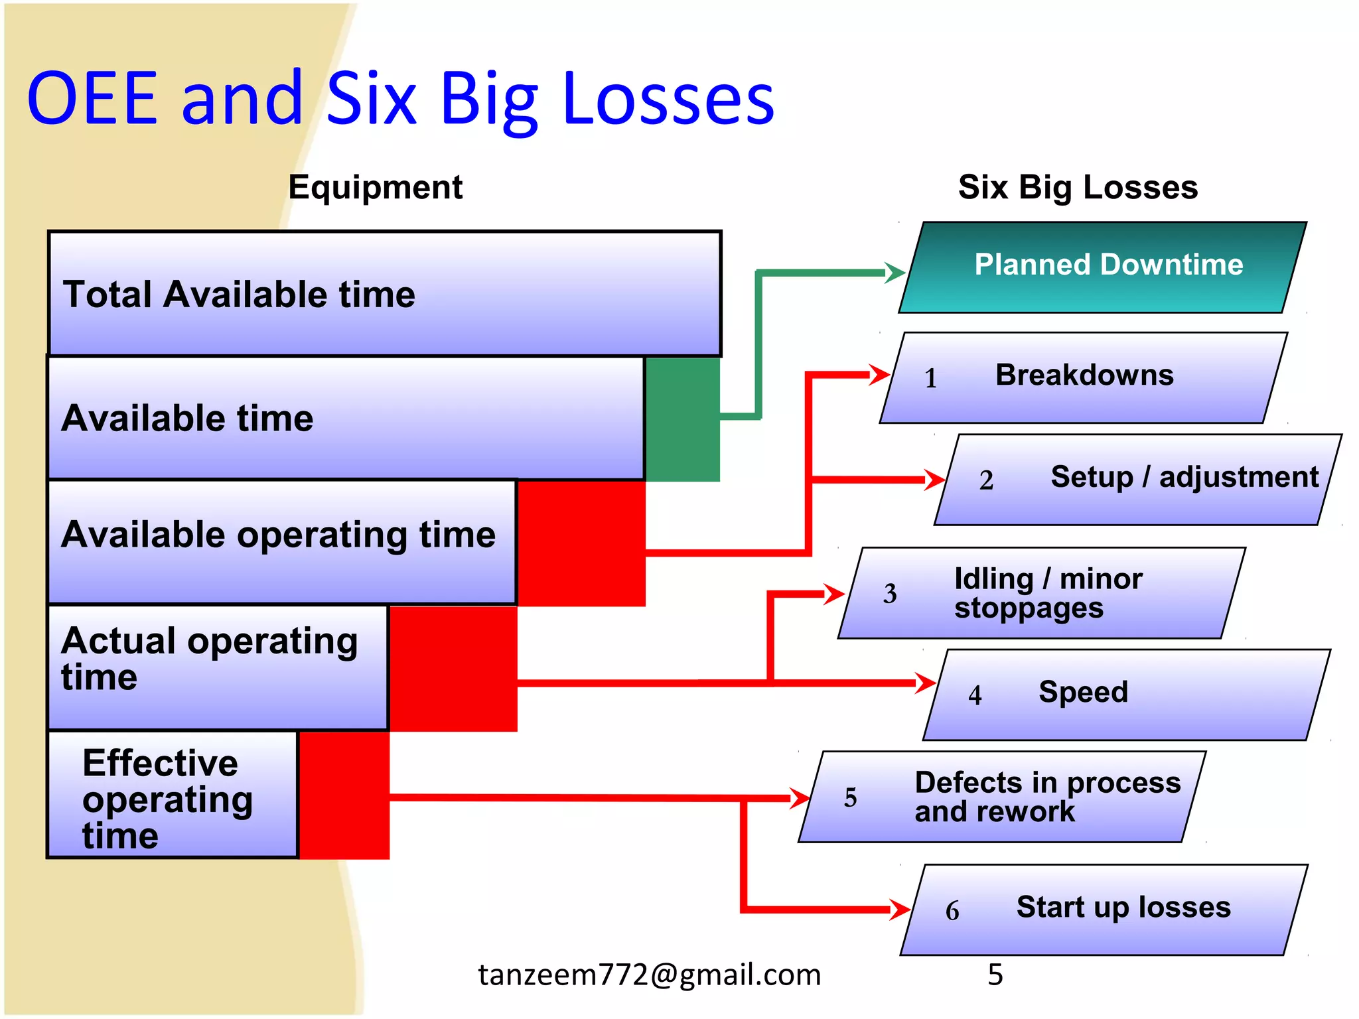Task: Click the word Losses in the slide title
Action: coord(668,100)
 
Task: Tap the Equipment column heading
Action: coord(375,187)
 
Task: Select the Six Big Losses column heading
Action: coord(1078,187)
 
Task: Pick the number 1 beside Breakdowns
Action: coord(930,378)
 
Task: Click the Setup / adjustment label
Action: coord(1184,478)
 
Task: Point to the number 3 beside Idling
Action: coord(890,593)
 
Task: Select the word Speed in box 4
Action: coord(1083,692)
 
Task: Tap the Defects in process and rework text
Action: coord(1047,796)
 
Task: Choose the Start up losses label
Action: coord(1123,907)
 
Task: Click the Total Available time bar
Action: coord(385,294)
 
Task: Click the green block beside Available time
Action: coord(682,419)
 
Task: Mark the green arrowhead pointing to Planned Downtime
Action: coord(896,273)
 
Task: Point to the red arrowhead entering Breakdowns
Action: coord(880,375)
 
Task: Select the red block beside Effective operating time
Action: coord(344,794)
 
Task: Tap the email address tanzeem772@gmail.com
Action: coord(650,975)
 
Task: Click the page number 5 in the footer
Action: coord(995,975)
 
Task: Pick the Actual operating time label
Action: coord(209,658)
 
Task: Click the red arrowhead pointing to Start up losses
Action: coord(900,910)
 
